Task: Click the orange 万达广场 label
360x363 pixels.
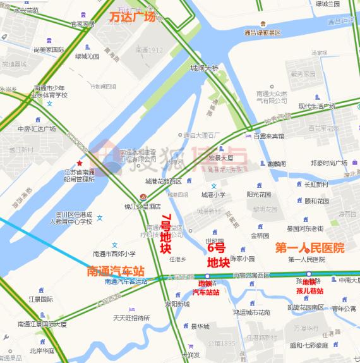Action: point(132,17)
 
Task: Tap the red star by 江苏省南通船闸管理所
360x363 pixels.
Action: point(79,163)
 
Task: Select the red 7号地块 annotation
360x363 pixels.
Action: point(165,235)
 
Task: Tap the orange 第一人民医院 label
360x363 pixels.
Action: point(309,248)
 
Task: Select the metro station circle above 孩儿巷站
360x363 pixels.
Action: point(309,273)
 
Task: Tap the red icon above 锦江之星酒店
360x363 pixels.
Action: point(143,197)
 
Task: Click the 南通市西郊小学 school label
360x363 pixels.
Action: point(114,254)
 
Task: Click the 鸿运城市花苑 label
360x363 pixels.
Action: point(251,312)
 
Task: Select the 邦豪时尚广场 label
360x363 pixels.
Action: point(328,163)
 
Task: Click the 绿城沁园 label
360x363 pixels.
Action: point(87,56)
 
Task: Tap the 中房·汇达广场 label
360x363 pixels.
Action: point(37,128)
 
